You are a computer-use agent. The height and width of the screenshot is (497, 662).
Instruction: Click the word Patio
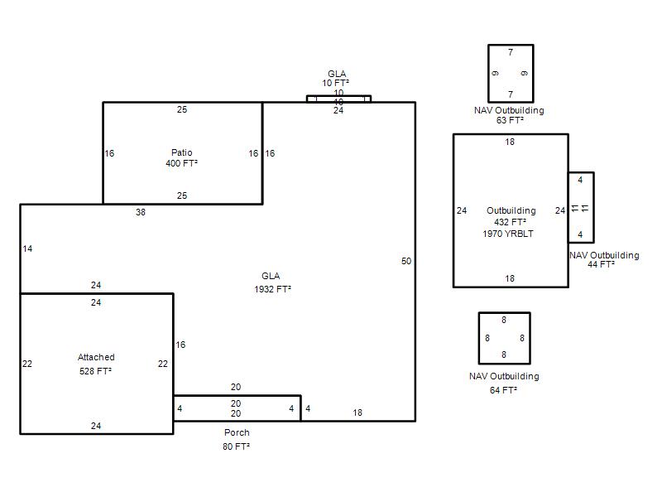point(181,152)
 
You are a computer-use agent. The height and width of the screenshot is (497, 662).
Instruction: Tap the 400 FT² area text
point(181,163)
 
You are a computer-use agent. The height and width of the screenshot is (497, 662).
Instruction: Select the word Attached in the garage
point(96,357)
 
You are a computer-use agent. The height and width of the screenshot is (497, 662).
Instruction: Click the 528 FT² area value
point(95,371)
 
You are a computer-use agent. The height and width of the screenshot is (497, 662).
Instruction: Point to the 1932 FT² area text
point(272,289)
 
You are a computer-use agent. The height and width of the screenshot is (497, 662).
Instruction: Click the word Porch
point(237,432)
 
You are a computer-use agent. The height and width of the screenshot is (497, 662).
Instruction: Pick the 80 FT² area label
point(236,446)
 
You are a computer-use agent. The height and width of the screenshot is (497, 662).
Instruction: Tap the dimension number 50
point(406,261)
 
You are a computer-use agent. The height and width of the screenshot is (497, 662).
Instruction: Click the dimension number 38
point(141,212)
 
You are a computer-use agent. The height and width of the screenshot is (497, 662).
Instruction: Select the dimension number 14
point(27,248)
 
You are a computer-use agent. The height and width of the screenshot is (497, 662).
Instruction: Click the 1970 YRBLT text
point(508,234)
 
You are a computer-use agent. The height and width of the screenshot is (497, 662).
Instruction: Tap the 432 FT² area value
point(510,222)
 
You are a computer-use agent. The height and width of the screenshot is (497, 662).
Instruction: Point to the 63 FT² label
point(510,120)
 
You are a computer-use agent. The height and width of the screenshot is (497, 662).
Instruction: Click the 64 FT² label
point(503,390)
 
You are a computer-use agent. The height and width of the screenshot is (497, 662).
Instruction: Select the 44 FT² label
point(602,264)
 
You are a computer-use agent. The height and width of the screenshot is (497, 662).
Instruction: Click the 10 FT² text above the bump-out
point(336,83)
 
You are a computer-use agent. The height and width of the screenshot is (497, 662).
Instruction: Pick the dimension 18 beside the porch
point(357,413)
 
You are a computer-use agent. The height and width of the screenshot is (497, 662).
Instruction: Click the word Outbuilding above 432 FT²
point(511,210)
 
